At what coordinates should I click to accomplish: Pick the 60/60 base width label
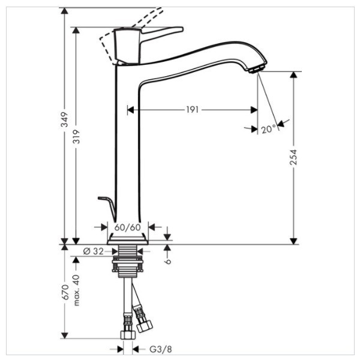(x=127, y=227)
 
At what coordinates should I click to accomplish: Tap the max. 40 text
(x=76, y=290)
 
